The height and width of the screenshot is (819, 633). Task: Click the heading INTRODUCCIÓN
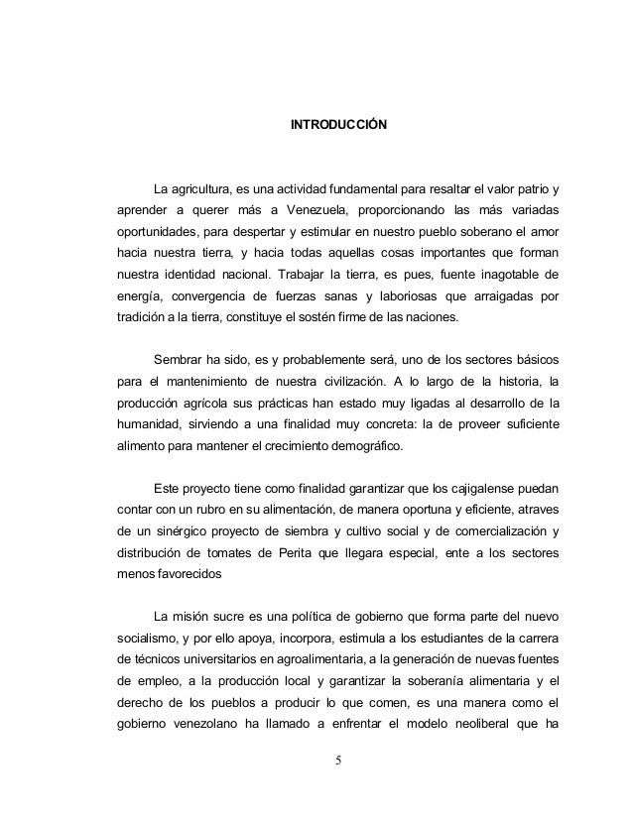click(338, 127)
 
